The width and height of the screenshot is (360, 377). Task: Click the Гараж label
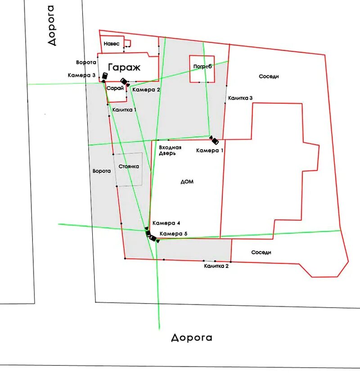tap(124, 68)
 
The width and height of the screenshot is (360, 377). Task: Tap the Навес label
tap(111, 44)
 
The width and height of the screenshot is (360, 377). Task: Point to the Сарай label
tap(115, 88)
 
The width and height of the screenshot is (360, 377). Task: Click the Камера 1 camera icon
tap(215, 140)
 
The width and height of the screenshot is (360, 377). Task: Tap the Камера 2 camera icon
tap(125, 82)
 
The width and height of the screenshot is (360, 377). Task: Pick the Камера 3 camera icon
tap(104, 76)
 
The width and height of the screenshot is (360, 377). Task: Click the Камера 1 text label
tap(209, 150)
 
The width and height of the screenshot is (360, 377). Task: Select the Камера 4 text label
tap(166, 223)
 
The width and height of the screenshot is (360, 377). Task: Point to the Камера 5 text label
tap(173, 233)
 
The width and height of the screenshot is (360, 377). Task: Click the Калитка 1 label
tap(124, 109)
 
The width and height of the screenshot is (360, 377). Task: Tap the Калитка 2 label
tap(216, 266)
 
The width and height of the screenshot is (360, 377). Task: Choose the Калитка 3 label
tap(240, 98)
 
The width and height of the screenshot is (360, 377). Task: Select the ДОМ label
tap(187, 182)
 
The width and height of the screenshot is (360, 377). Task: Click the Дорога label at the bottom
tap(191, 337)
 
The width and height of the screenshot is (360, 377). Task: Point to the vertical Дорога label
tap(52, 25)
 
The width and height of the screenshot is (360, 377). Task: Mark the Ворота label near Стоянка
tap(101, 171)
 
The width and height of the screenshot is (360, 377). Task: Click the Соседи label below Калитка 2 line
tap(261, 253)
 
